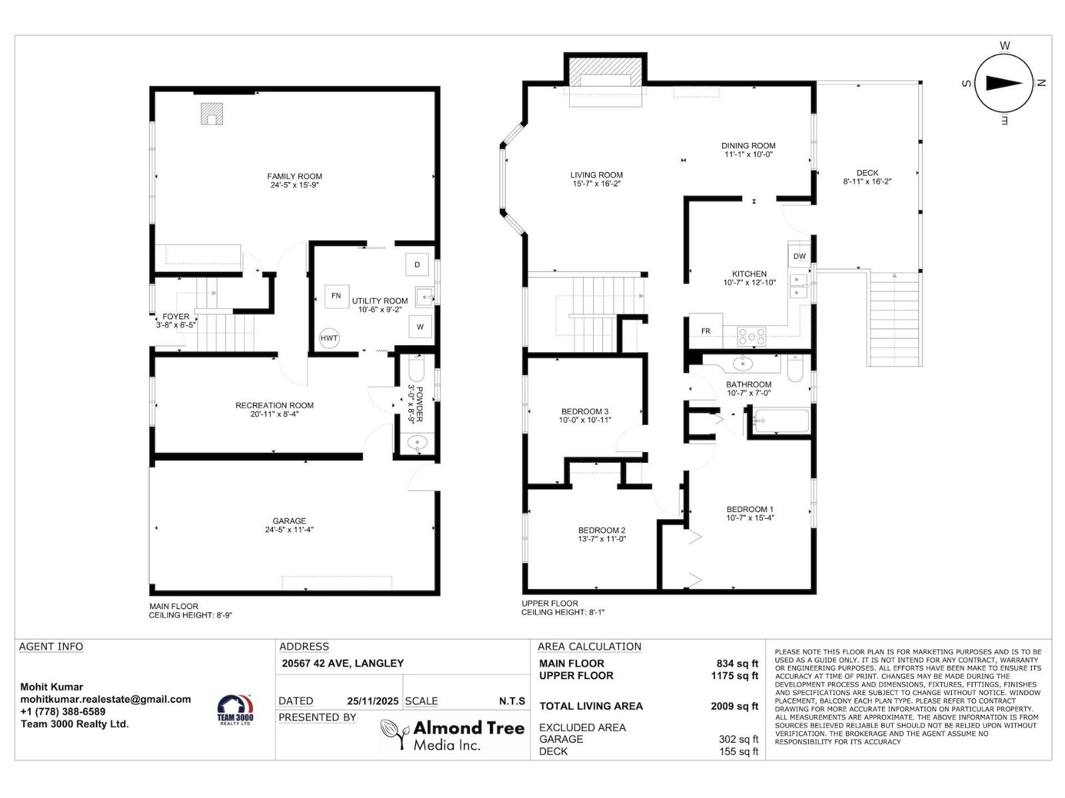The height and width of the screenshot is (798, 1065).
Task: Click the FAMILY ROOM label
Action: click(294, 176)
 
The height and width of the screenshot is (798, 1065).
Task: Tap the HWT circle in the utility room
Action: click(329, 338)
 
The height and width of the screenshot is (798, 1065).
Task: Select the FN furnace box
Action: click(336, 296)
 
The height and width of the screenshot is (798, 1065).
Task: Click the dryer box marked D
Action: click(417, 265)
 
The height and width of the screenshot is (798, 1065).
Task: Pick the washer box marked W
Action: click(420, 327)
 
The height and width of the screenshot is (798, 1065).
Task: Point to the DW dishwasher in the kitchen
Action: click(799, 256)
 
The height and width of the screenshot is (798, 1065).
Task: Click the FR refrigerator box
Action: click(706, 331)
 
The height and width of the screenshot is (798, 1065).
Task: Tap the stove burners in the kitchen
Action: click(751, 336)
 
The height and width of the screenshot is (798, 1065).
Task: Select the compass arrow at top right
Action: click(1004, 83)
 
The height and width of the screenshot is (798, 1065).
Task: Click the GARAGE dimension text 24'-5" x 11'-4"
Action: click(289, 530)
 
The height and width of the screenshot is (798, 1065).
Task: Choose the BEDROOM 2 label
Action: click(602, 530)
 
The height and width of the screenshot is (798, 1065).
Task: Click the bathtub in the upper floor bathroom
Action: click(780, 422)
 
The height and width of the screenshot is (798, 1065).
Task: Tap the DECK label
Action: click(867, 173)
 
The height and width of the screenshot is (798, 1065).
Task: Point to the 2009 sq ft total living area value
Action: click(734, 706)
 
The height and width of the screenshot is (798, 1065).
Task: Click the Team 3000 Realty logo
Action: click(236, 710)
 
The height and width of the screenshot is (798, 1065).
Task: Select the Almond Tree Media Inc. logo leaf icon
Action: click(393, 734)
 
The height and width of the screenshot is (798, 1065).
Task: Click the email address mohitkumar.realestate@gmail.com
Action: click(105, 699)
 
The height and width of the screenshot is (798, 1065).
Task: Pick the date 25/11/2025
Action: click(373, 701)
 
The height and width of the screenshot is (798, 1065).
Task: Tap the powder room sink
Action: click(418, 442)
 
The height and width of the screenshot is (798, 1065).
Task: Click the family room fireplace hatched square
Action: click(212, 114)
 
